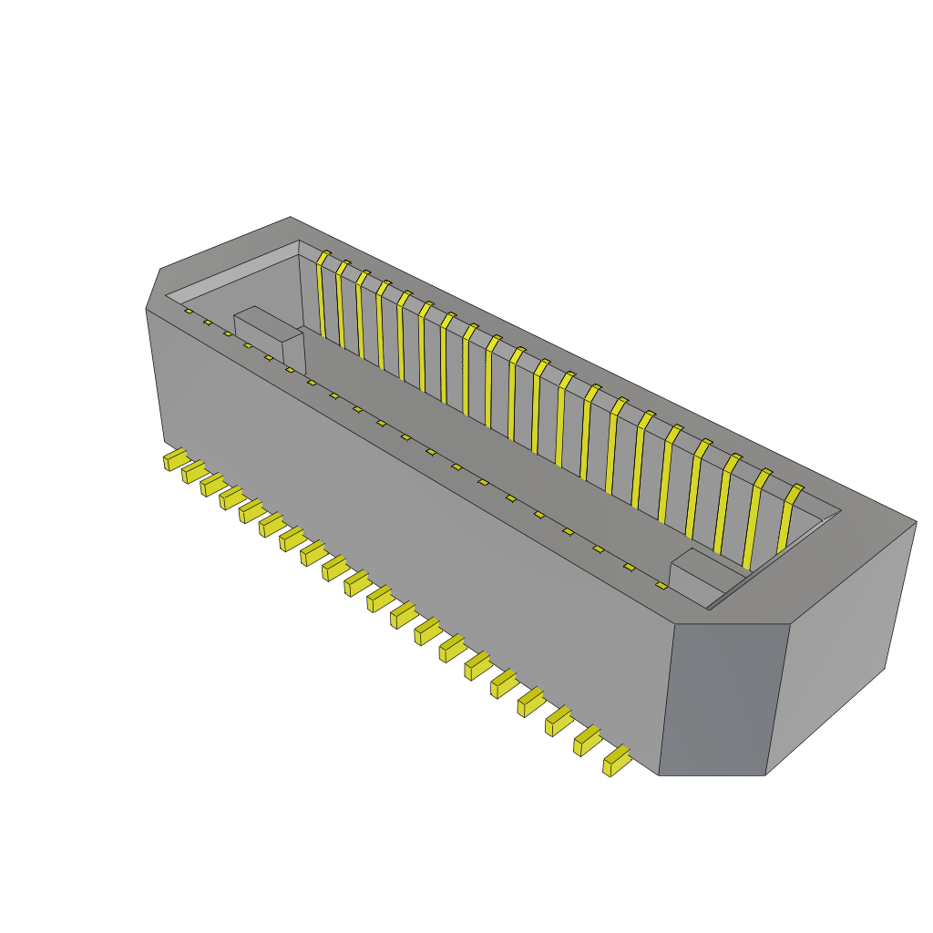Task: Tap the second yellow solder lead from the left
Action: pos(193,471)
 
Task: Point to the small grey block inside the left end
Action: pos(268,334)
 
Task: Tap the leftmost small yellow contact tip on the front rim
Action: pos(189,312)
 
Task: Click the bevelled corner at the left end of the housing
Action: pos(153,289)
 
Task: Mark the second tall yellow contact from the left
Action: pos(341,306)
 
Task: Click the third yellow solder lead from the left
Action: pos(212,483)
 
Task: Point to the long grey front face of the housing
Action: pos(410,519)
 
